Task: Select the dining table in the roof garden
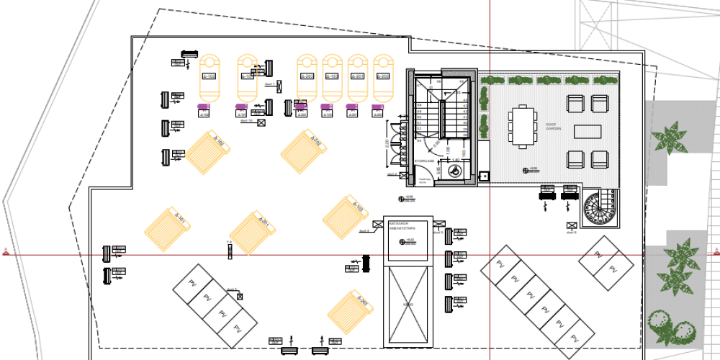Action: pyautogui.click(x=523, y=127)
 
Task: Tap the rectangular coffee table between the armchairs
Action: pyautogui.click(x=587, y=131)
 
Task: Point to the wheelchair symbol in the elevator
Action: pyautogui.click(x=454, y=171)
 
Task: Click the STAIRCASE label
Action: pyautogui.click(x=425, y=161)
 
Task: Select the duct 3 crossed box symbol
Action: pyautogui.click(x=240, y=296)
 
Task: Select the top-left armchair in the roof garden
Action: pyautogui.click(x=576, y=104)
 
